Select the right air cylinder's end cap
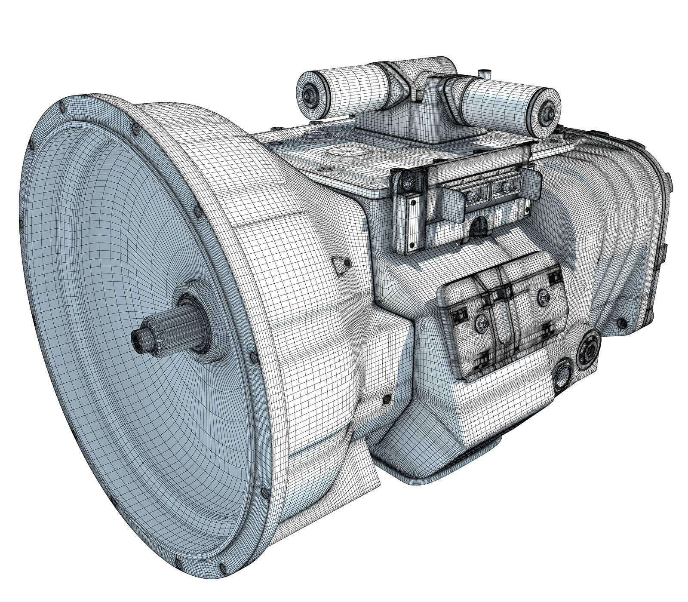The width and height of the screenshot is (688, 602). pyautogui.click(x=548, y=112)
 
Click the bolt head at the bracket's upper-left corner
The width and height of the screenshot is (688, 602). pyautogui.click(x=405, y=183)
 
